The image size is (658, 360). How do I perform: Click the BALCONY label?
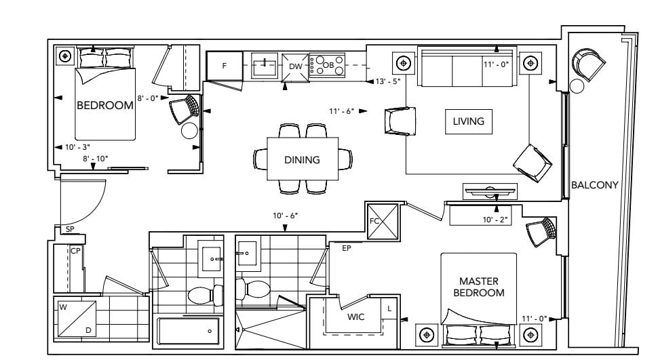595,185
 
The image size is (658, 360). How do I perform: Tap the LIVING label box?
469,121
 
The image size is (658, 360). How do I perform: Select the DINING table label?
302,160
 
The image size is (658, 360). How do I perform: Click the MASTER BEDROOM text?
479,287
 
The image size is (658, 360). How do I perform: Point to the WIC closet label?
356,317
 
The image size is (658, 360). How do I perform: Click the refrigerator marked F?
225,66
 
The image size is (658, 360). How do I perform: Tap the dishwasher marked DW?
296,66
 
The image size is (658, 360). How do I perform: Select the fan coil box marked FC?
383,221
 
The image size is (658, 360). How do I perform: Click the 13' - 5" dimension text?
388,81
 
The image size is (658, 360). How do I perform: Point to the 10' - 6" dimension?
286,216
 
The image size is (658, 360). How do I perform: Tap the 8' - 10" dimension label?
95,159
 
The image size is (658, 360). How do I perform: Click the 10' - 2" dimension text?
495,220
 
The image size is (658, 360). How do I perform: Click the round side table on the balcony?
577,86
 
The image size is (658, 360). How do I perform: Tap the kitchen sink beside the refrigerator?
265,66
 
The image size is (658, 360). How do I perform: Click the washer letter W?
63,307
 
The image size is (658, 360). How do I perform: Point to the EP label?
346,248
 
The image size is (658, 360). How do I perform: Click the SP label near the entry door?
70,230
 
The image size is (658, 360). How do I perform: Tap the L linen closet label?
389,308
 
